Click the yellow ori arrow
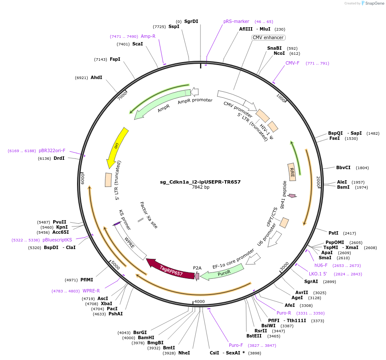point(116,147)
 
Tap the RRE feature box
point(292,172)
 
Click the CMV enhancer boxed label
point(268,37)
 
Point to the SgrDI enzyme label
point(191,21)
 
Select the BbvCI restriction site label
point(343,168)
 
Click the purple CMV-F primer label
point(292,63)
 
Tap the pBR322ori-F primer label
point(52,150)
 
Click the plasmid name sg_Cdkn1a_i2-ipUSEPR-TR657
point(200,182)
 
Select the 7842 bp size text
point(200,187)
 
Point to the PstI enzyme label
point(334,233)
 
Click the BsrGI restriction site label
point(140,332)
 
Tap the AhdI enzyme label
point(97,77)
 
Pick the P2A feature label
point(197,268)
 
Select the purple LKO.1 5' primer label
point(318,274)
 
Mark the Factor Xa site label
point(149,215)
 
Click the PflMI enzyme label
point(86,280)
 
